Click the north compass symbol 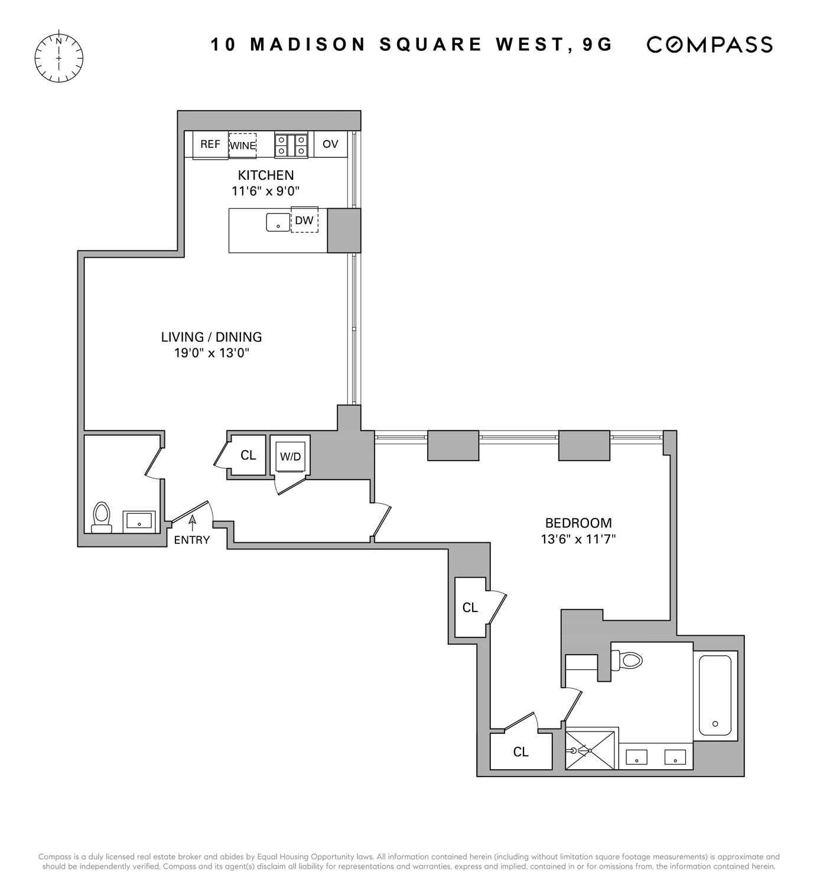coord(59,58)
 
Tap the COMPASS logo coord(710,45)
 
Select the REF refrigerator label coord(210,144)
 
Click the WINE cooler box coord(243,145)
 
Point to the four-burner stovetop coord(291,145)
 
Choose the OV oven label coord(330,144)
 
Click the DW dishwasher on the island coord(304,221)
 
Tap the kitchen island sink coord(278,222)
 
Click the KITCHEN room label coord(266,175)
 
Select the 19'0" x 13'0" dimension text coord(212,353)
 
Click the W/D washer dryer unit coord(290,456)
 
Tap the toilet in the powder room coord(102,518)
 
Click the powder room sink coord(139,522)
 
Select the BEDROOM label coord(578,523)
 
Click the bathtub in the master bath coord(715,695)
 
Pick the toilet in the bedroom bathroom coord(627,660)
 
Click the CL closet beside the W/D coord(248,455)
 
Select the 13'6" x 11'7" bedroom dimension coord(578,539)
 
